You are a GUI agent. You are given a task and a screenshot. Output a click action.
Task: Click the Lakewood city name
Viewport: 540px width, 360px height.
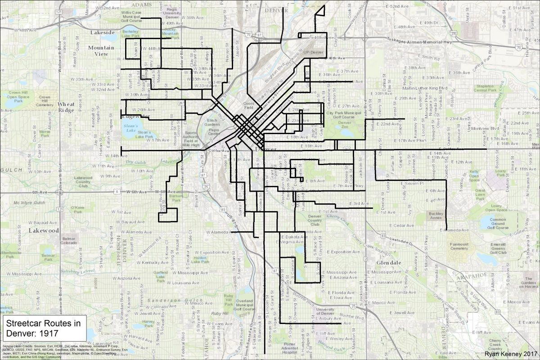point(44,230)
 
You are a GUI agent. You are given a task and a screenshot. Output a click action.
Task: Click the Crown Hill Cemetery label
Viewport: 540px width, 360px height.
point(44,100)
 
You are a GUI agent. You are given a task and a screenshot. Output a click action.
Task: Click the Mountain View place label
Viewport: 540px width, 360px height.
point(101,50)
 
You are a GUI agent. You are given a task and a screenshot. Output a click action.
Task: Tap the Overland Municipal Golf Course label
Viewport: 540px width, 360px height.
point(246,306)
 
